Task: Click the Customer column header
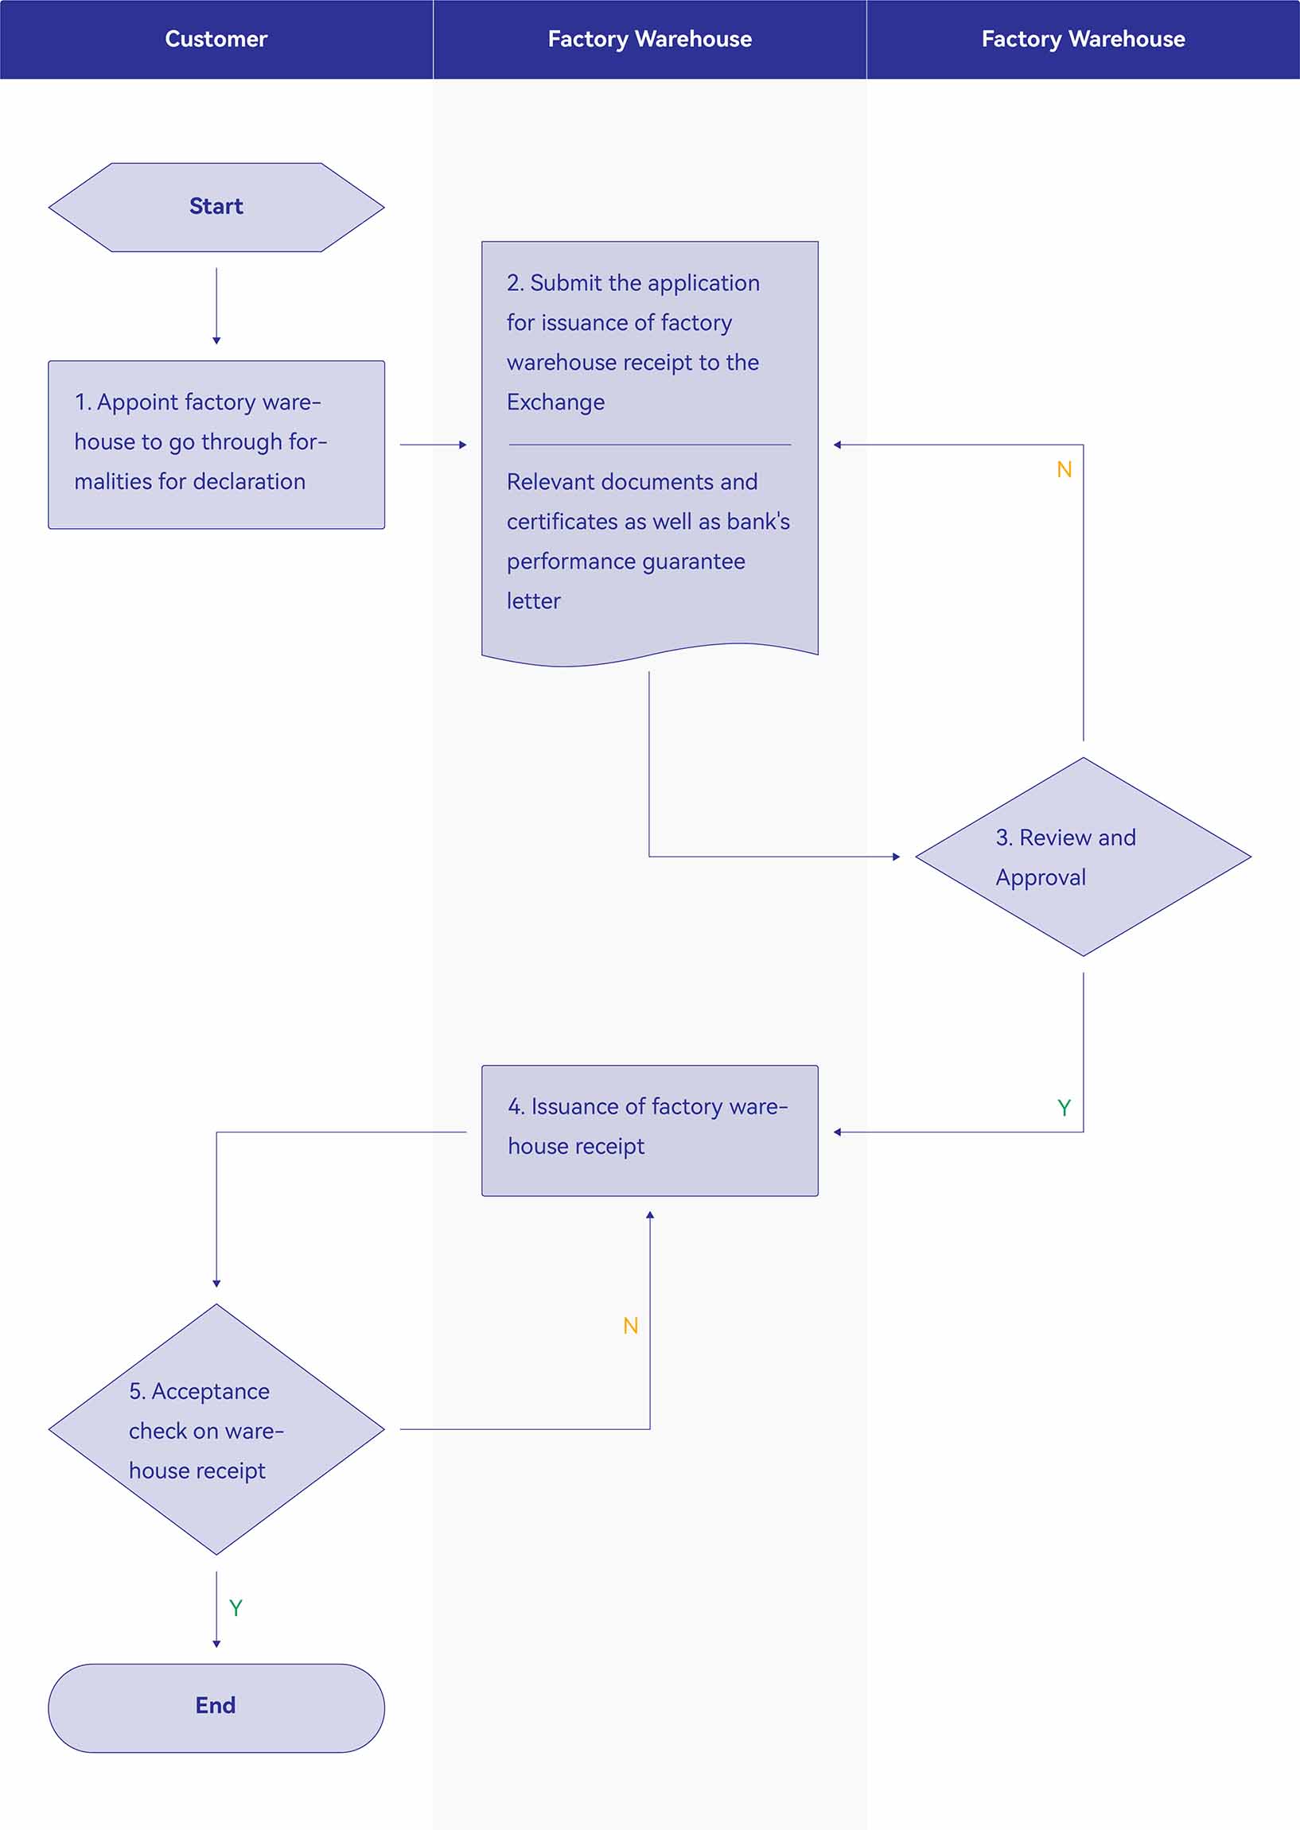pos(216,39)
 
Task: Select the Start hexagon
pos(216,208)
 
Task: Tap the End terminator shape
pos(216,1708)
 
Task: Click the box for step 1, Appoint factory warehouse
pos(216,444)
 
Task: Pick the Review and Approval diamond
pos(1083,857)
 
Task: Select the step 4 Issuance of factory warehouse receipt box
pos(649,1131)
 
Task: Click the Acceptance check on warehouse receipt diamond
pos(216,1429)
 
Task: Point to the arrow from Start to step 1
pos(216,305)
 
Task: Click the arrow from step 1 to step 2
pos(433,444)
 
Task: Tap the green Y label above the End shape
pos(235,1608)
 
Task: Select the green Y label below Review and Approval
pos(1064,1107)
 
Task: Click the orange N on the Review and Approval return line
pos(1064,470)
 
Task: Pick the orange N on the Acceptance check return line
pos(631,1326)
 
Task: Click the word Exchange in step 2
pos(555,402)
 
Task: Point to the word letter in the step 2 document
pos(533,601)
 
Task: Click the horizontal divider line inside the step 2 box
pos(649,444)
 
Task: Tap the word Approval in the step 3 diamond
pos(1041,879)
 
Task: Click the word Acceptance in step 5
pos(211,1392)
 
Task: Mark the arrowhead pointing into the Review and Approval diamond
pos(897,857)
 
